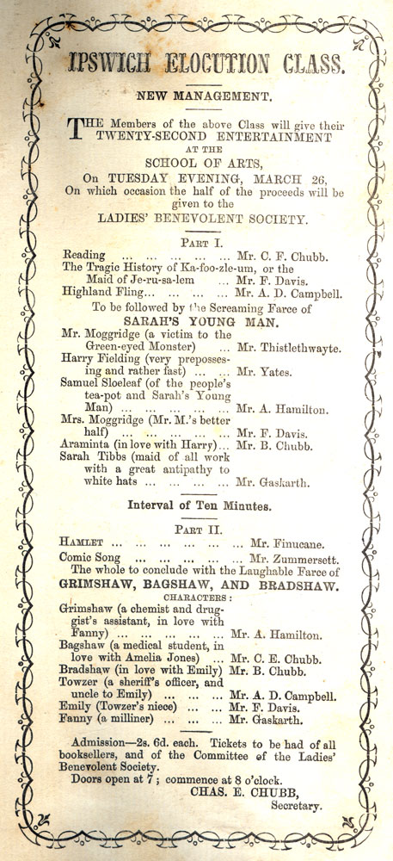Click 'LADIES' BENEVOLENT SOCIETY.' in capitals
click(196, 220)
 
